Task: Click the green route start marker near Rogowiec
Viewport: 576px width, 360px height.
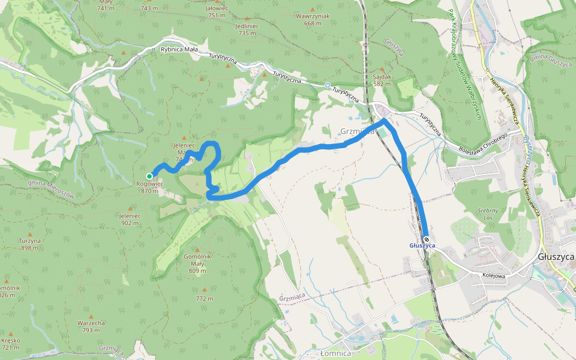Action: click(x=149, y=176)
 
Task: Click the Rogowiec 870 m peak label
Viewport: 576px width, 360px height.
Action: click(x=149, y=187)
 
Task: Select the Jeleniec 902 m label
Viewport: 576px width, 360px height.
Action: click(x=130, y=219)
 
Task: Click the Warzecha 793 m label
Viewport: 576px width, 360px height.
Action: click(x=91, y=326)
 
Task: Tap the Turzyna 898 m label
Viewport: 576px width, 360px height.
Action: click(x=29, y=244)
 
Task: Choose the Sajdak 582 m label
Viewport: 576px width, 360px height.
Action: click(x=382, y=80)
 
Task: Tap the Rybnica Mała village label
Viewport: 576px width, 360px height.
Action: click(x=179, y=50)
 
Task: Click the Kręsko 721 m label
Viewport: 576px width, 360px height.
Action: click(x=11, y=344)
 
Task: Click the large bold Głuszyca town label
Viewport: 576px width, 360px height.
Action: click(x=556, y=256)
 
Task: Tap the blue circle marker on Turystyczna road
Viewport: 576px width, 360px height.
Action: click(x=328, y=85)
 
